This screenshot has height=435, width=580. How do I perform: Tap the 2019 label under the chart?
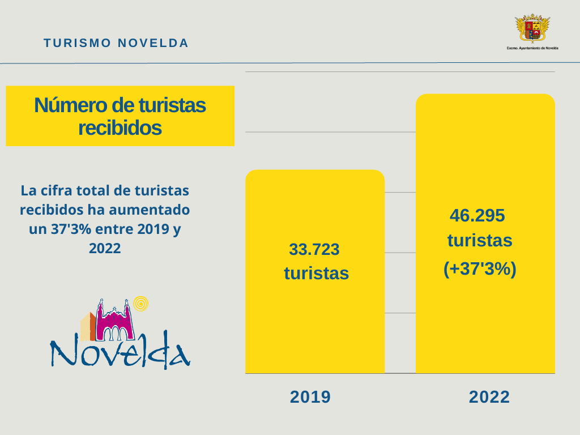(x=310, y=397)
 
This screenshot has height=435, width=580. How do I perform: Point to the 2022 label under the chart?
(x=489, y=397)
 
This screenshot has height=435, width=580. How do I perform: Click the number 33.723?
(x=314, y=249)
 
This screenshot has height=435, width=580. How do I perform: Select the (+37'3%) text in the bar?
(x=480, y=269)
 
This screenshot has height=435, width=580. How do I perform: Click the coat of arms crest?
(x=532, y=28)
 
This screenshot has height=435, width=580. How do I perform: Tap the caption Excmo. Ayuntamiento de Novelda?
(x=532, y=48)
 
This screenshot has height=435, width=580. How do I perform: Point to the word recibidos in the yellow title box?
(x=120, y=128)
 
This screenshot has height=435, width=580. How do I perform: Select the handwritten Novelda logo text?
(x=120, y=351)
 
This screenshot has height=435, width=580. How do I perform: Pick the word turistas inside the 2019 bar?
(x=316, y=274)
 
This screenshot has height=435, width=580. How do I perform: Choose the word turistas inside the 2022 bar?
(x=480, y=241)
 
